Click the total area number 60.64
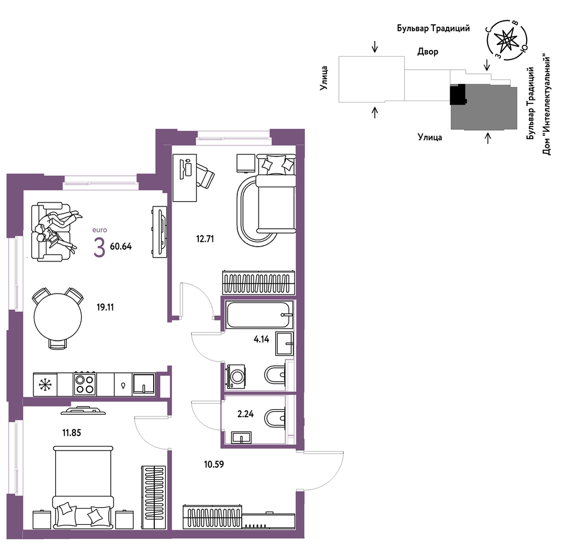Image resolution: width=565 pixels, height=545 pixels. pos(121,246)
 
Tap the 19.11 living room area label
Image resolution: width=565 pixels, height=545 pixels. pos(105,307)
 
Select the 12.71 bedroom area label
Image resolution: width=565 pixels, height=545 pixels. pos(205,238)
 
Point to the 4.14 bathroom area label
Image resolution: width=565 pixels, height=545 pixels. pos(261,339)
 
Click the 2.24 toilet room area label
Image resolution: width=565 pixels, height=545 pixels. pos(245,414)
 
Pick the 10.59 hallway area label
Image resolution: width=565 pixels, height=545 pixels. pos(214,464)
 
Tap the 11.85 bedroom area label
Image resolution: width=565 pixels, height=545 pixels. pos(72,433)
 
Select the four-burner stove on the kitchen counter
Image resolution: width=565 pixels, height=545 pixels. pos(84,384)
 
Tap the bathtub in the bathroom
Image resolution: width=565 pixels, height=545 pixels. pos(259,315)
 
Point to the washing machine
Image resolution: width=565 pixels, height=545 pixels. pos(236,376)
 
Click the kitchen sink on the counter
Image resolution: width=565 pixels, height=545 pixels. pos(144,384)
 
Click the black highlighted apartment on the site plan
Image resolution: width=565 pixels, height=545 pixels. pos(458,94)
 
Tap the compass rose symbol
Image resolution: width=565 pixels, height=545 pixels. pos(507,39)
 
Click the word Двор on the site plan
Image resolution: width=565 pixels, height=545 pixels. pos(428,52)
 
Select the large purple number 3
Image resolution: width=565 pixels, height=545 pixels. pos(99,247)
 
